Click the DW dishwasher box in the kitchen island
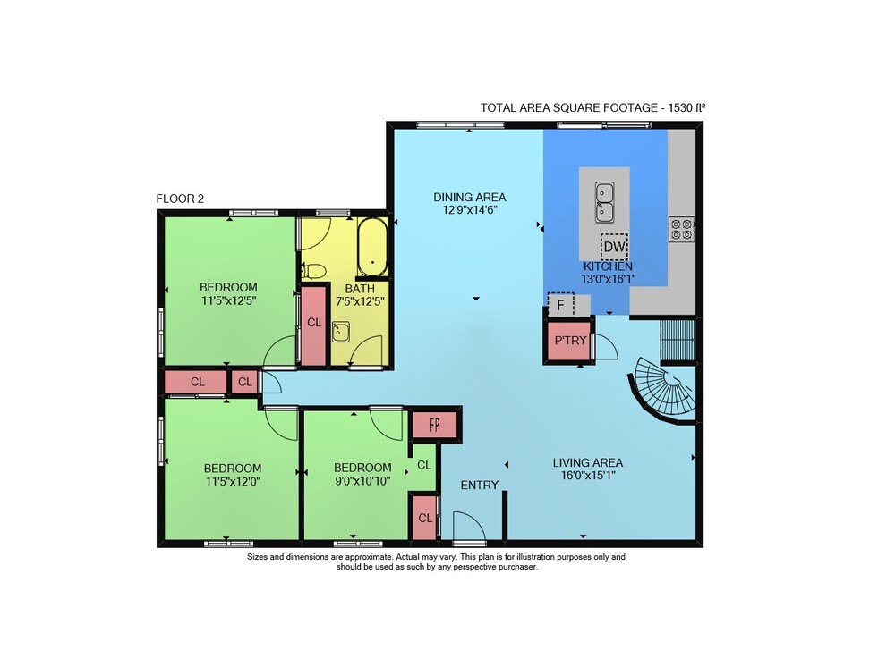point(614,247)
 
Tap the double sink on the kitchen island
point(604,202)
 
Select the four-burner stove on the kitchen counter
point(681,229)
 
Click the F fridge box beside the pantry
point(560,305)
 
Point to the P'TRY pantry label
point(570,341)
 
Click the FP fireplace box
point(435,425)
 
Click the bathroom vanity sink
point(341,331)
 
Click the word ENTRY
point(480,486)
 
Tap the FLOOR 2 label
point(180,199)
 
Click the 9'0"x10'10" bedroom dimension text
point(362,481)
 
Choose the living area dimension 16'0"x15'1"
point(587,476)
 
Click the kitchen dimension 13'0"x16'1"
point(609,279)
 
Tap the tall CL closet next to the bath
point(314,325)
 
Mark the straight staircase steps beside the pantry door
point(678,342)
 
